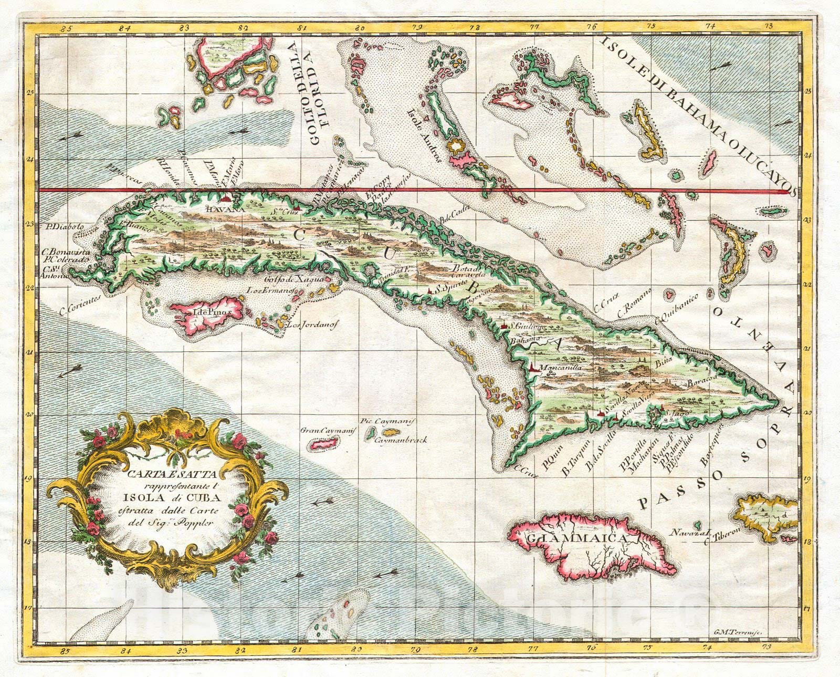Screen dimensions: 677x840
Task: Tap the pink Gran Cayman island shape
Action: pos(317,444)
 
